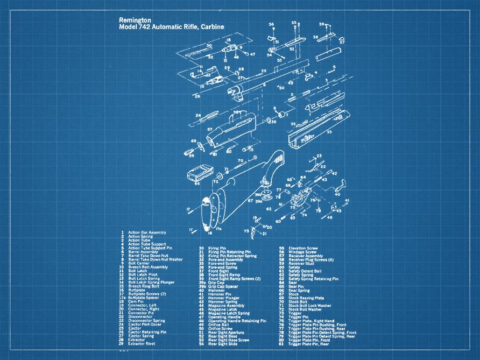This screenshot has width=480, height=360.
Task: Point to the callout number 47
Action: tap(253, 54)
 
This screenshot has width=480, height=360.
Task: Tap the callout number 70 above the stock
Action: tap(241, 160)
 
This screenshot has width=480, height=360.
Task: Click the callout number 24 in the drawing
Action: tap(198, 115)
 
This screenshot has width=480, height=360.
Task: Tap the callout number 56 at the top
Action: tap(272, 24)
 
